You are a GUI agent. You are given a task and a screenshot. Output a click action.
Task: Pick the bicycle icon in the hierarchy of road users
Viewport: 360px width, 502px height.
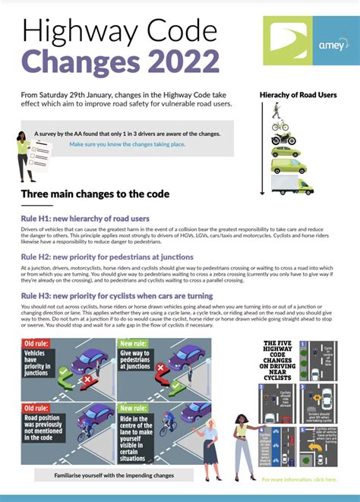coord(279,126)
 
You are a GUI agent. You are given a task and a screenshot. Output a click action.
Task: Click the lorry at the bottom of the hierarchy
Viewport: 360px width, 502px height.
coord(292,185)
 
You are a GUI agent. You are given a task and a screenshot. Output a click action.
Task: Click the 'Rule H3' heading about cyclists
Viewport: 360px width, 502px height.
coord(117,295)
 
